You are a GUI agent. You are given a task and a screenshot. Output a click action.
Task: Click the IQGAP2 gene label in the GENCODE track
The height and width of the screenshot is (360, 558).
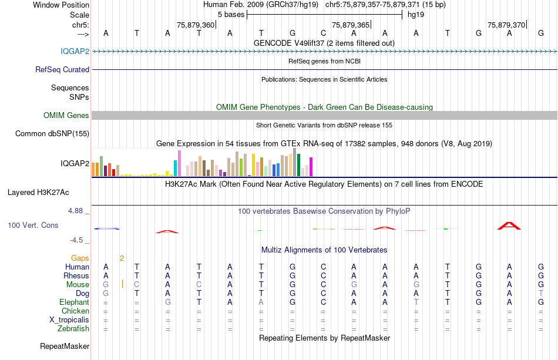pyautogui.click(x=75, y=51)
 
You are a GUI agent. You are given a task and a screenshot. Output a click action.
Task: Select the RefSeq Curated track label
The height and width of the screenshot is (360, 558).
pyautogui.click(x=62, y=69)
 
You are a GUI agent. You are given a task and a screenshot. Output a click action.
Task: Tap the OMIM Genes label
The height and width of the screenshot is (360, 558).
pyautogui.click(x=66, y=115)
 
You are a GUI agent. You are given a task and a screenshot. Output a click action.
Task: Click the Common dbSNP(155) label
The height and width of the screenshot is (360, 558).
pyautogui.click(x=52, y=133)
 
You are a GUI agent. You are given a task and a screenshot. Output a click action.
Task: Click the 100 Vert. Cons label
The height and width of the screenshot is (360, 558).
pyautogui.click(x=33, y=225)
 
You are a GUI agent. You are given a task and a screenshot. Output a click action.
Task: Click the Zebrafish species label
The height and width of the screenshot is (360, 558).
pyautogui.click(x=73, y=328)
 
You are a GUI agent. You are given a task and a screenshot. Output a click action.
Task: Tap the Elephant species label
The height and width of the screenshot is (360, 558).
pyautogui.click(x=74, y=302)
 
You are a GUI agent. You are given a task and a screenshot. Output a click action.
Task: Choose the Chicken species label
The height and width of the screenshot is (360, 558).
pyautogui.click(x=76, y=311)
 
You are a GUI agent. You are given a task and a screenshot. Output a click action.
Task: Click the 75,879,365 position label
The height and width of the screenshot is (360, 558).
pyautogui.click(x=351, y=25)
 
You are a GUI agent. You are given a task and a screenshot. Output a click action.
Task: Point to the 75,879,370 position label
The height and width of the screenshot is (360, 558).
pyautogui.click(x=506, y=25)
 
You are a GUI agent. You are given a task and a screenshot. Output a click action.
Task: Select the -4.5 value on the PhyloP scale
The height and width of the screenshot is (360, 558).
pyautogui.click(x=77, y=240)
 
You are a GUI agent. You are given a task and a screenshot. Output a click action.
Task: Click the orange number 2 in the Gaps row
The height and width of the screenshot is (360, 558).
pyautogui.click(x=122, y=258)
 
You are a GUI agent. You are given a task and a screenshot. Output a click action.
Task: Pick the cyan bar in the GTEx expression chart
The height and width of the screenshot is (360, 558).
pyautogui.click(x=176, y=168)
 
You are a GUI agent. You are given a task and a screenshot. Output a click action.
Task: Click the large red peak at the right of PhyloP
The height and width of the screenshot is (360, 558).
pyautogui.click(x=509, y=226)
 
